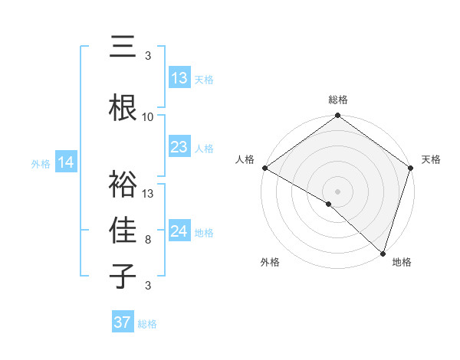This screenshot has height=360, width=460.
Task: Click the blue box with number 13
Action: (x=179, y=78)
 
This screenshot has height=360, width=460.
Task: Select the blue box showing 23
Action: (x=179, y=147)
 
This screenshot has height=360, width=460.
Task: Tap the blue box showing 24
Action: (x=179, y=231)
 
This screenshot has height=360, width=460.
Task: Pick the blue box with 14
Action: (x=66, y=162)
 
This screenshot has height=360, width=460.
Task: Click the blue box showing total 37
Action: (x=123, y=322)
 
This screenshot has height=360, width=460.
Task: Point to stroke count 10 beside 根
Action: (x=148, y=117)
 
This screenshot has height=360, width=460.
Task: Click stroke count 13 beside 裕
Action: (x=148, y=194)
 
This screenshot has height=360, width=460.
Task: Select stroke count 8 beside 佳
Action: (x=148, y=240)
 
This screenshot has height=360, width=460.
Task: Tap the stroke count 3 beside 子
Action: (x=148, y=286)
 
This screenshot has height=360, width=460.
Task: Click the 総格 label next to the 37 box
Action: (x=147, y=324)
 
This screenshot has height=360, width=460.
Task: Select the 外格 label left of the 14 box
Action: (x=41, y=163)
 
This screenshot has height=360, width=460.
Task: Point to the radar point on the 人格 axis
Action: (x=264, y=168)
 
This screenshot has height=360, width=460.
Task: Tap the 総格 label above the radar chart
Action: (x=337, y=100)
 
